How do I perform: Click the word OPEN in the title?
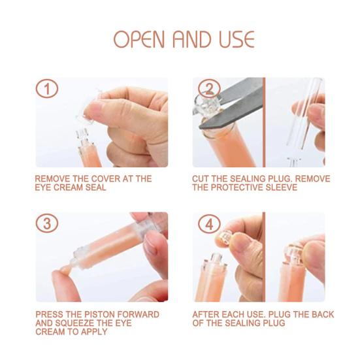click(139, 39)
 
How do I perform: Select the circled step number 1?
click(47, 89)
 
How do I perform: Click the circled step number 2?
click(209, 89)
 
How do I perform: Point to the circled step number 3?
click(47, 223)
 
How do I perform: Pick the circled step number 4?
click(209, 223)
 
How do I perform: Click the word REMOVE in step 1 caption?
click(52, 178)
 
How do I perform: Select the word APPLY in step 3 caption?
click(94, 332)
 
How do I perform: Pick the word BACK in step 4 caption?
click(323, 314)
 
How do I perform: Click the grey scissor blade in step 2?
click(232, 103)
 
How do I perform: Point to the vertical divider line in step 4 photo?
click(264, 257)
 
